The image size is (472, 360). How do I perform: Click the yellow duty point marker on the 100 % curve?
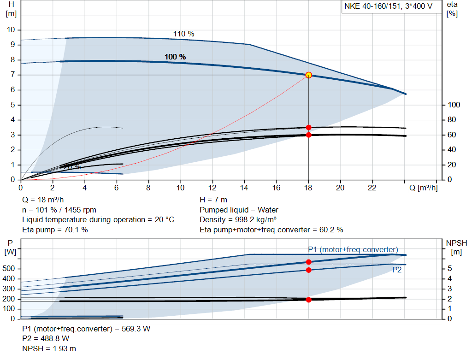click(x=308, y=75)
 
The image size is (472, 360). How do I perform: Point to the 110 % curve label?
click(x=183, y=34)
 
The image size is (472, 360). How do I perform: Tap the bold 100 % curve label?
click(x=175, y=57)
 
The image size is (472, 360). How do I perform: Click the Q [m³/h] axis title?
click(x=423, y=188)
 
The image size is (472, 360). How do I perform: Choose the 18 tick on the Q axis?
click(x=308, y=188)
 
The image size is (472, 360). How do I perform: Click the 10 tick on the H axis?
click(x=12, y=30)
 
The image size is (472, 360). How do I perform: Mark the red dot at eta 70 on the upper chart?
click(x=308, y=128)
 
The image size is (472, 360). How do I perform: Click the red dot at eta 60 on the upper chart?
click(x=308, y=135)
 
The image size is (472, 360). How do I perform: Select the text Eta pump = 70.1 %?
click(x=55, y=230)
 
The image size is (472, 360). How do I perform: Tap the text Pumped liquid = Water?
click(x=239, y=210)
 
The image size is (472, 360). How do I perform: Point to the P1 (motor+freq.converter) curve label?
click(x=353, y=249)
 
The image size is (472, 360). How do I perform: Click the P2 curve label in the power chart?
click(x=397, y=270)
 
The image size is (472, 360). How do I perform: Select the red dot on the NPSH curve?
click(x=308, y=300)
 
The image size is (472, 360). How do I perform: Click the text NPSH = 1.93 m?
click(x=49, y=348)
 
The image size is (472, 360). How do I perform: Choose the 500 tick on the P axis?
click(x=10, y=269)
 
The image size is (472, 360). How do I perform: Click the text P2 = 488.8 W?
click(x=46, y=339)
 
